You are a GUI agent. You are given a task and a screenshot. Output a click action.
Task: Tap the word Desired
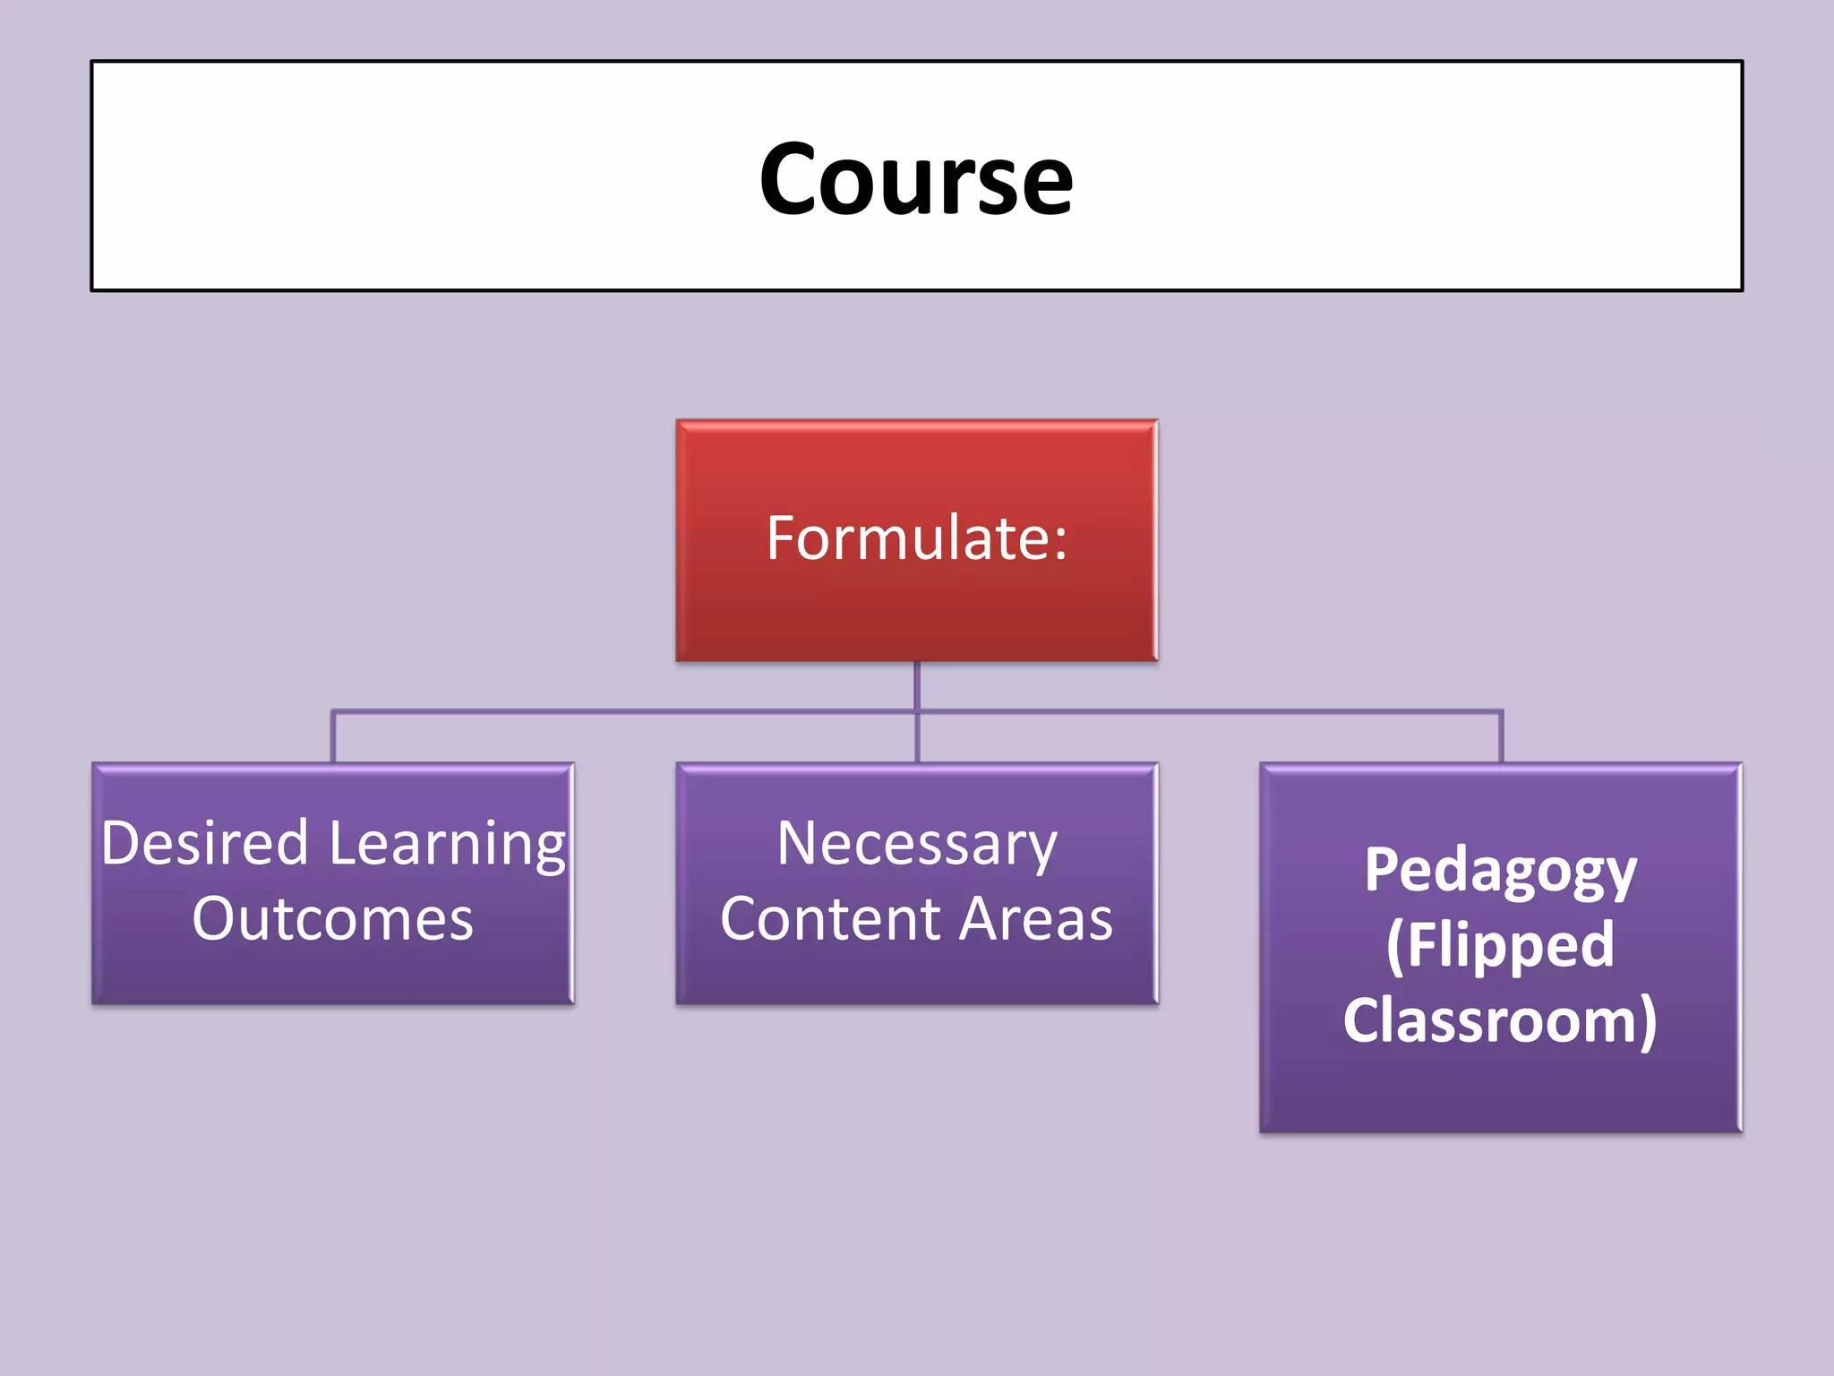(205, 844)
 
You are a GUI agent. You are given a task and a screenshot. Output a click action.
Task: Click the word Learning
(448, 846)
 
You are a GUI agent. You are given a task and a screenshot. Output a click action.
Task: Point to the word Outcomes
(332, 919)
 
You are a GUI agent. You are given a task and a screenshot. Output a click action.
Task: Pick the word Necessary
(916, 846)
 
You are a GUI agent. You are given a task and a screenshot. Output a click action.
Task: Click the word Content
(829, 919)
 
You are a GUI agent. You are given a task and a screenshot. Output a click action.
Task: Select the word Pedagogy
(1500, 872)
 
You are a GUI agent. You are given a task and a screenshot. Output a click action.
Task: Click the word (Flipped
(1500, 946)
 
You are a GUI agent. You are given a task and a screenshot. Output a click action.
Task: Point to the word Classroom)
(1500, 1020)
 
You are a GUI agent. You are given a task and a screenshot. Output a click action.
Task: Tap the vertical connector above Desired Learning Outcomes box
(333, 736)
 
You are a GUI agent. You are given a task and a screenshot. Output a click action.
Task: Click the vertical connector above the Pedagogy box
(1501, 736)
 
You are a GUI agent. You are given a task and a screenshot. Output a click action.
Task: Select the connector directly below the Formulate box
(917, 685)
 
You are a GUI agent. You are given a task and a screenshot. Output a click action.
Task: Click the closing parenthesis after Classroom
(1647, 1022)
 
